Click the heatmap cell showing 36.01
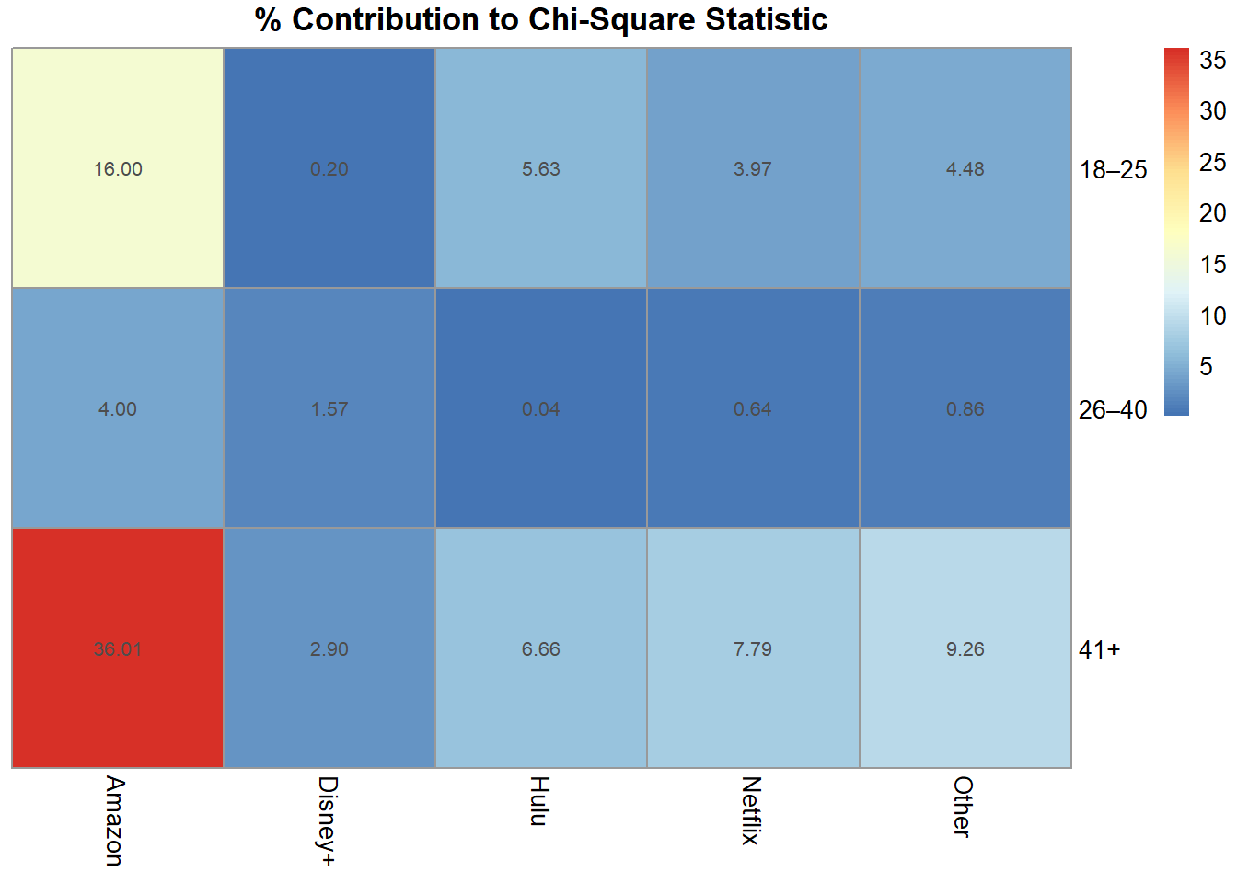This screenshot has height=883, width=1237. (x=118, y=648)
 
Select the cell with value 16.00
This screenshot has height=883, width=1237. (x=118, y=168)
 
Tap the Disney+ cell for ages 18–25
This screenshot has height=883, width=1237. (x=329, y=168)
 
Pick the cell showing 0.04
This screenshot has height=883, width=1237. (x=541, y=408)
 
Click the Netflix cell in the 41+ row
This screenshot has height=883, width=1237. (x=753, y=648)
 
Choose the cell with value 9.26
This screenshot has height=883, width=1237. (x=965, y=648)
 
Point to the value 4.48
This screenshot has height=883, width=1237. (x=965, y=169)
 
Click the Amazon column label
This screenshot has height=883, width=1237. (x=114, y=820)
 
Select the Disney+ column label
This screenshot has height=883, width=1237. (x=327, y=820)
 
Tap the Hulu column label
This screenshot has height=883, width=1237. (x=539, y=801)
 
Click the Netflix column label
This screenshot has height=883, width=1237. (x=751, y=810)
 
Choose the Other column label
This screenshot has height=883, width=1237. (x=963, y=807)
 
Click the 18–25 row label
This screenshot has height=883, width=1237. (x=1113, y=170)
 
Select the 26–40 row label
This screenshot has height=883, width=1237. (x=1113, y=410)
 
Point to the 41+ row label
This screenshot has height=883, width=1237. (x=1099, y=650)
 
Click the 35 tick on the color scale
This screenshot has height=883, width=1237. (x=1212, y=61)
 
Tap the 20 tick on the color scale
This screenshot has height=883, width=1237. (x=1212, y=213)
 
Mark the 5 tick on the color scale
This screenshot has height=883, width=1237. (x=1207, y=367)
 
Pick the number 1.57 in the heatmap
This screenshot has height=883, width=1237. (x=329, y=409)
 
